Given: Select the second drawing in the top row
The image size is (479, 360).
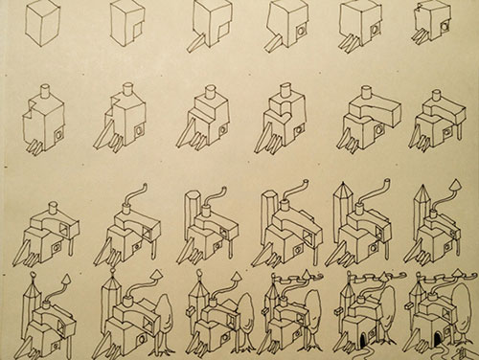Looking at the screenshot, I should coord(127,24).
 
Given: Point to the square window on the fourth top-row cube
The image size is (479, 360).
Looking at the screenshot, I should coord(299,32).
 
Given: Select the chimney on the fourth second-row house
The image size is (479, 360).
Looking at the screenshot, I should coord(283,94).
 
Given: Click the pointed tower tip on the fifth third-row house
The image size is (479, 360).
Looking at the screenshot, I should coord(343,189).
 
